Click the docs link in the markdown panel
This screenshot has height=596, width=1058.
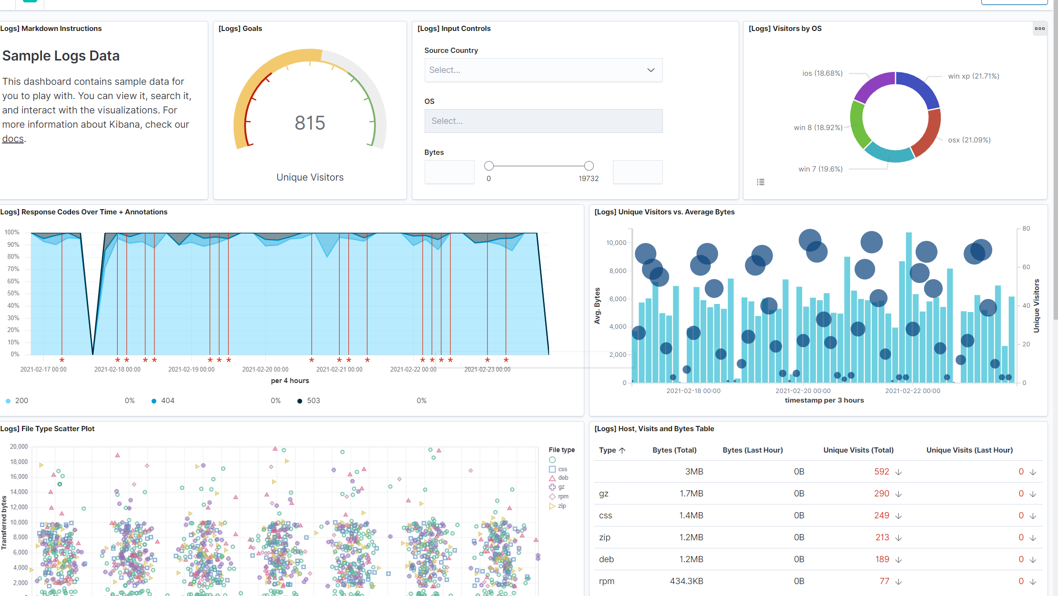[x=13, y=139]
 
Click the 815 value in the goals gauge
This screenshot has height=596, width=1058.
[x=310, y=123]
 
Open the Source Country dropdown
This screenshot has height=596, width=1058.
[x=543, y=70]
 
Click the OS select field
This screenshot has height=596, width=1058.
[x=543, y=121]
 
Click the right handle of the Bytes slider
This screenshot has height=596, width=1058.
[x=589, y=166]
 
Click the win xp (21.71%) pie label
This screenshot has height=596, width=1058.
[x=973, y=76]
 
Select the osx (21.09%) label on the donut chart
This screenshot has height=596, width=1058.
[x=969, y=140]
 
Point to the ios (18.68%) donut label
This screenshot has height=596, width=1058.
[x=822, y=73]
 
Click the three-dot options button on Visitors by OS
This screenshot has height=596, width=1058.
[x=1039, y=29]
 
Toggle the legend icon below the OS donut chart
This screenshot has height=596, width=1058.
[x=761, y=182]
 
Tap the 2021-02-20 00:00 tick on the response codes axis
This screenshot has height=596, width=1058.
[x=265, y=369]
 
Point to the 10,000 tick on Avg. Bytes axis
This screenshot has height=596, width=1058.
[x=616, y=243]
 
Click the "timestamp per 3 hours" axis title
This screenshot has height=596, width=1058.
[x=824, y=400]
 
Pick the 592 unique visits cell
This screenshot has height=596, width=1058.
[x=882, y=472]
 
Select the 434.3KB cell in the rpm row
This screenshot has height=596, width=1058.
[x=686, y=581]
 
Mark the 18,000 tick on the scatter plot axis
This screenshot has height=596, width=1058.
[x=19, y=462]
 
